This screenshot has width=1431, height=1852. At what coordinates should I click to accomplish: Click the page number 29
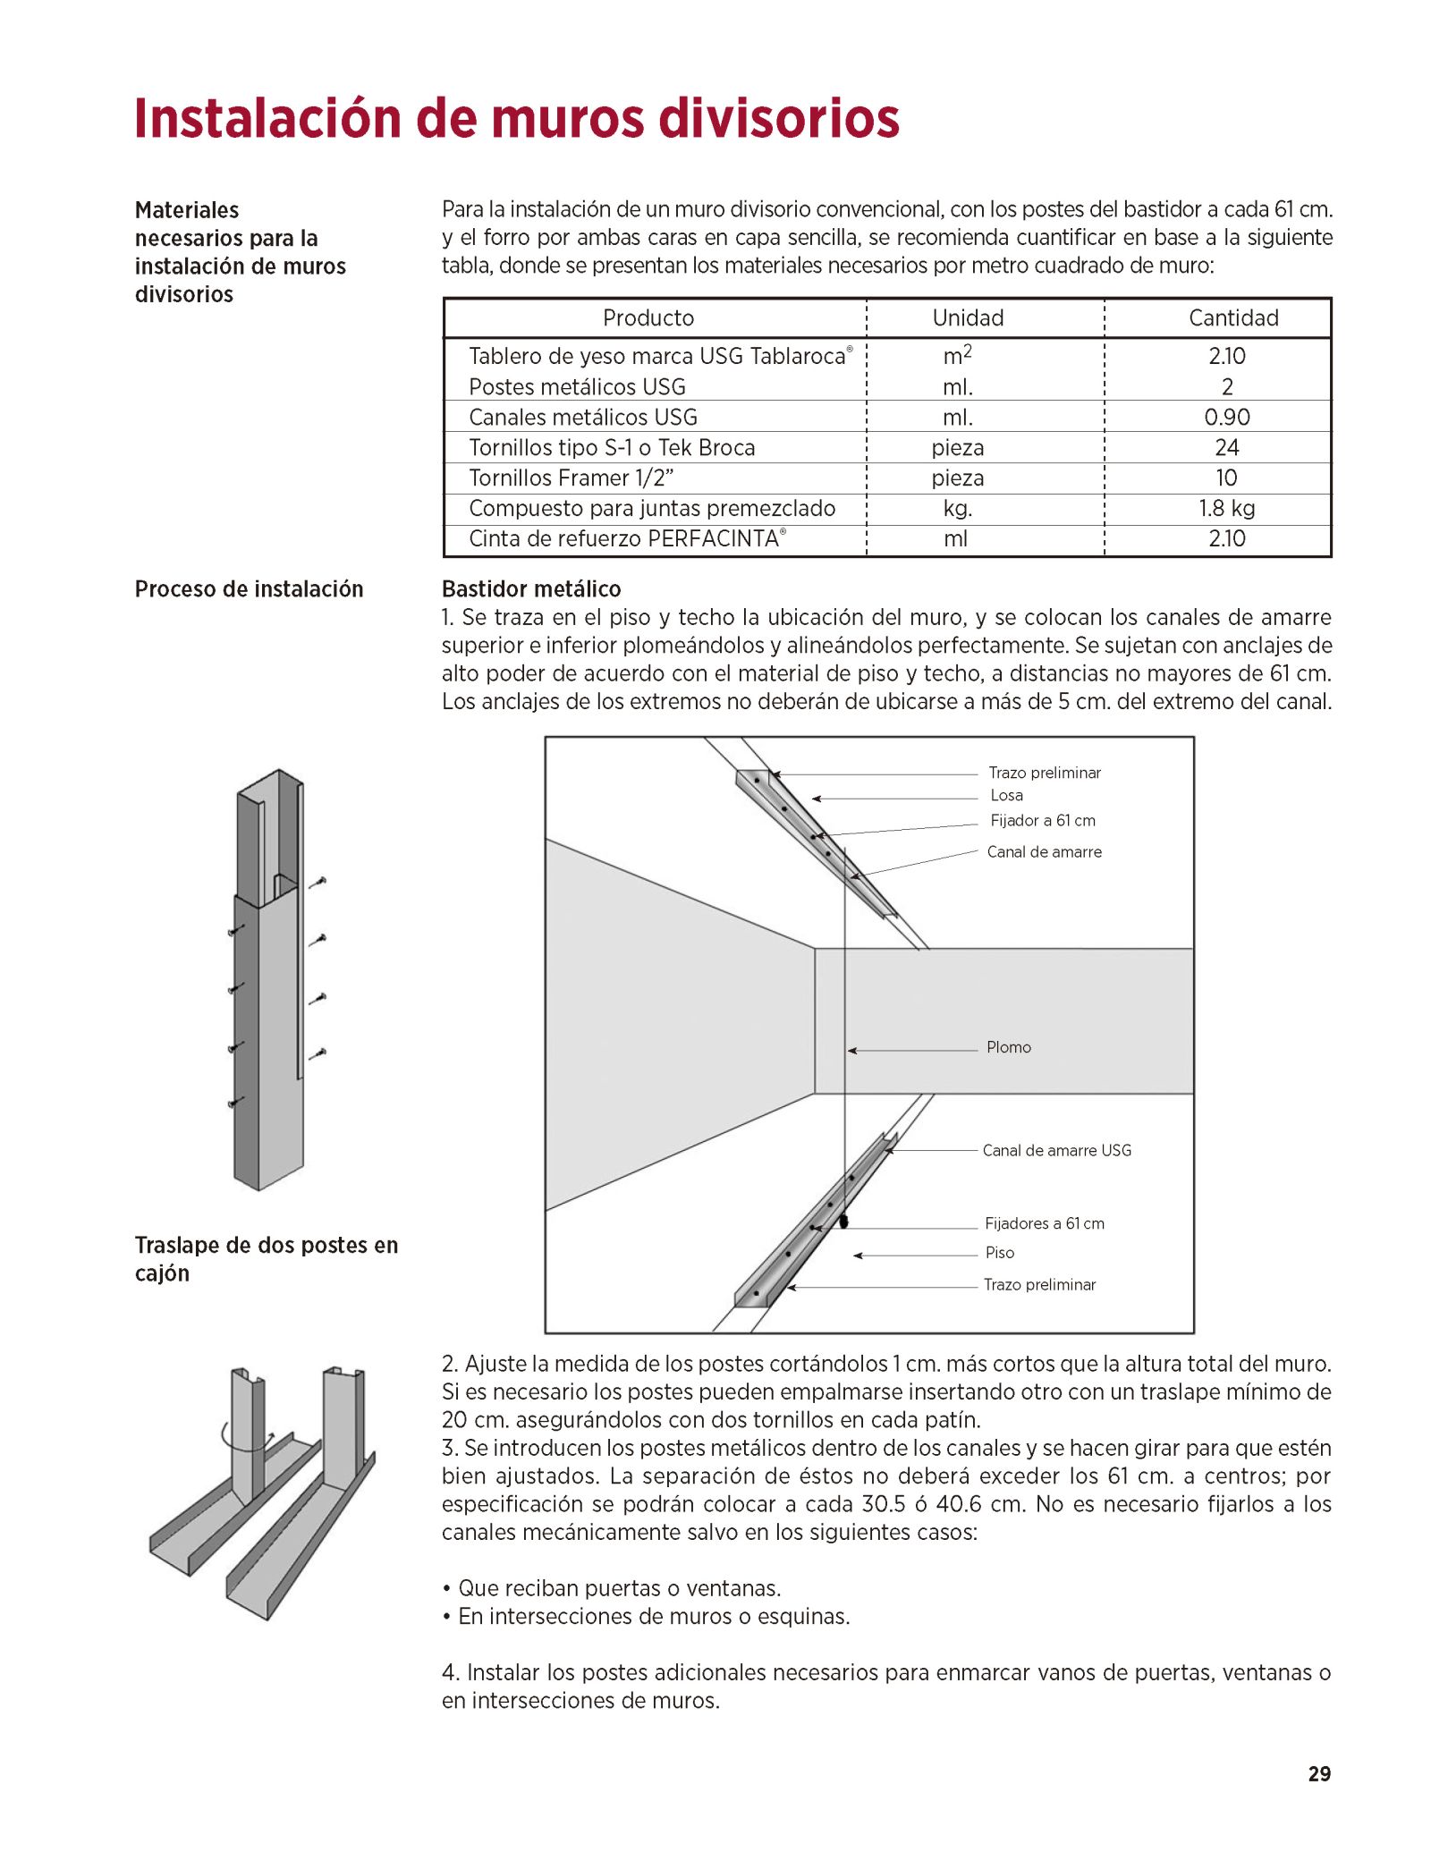1318,1774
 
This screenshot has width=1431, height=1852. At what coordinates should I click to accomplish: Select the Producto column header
648,317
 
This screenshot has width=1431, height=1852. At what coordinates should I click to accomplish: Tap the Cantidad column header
1232,317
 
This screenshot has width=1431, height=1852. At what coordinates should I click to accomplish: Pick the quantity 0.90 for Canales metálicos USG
1226,417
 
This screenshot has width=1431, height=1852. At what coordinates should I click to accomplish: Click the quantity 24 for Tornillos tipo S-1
1226,447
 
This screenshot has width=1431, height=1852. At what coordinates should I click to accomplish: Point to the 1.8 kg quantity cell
1226,508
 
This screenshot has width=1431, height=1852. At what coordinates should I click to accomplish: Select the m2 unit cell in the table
956,355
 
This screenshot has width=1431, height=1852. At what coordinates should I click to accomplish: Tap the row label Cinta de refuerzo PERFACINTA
626,538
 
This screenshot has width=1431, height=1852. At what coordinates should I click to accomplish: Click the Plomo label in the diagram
1008,1047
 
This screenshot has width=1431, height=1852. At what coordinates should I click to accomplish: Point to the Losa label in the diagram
1006,795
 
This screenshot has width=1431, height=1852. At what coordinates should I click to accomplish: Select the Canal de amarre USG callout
1056,1150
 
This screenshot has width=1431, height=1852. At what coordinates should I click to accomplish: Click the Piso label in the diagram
999,1253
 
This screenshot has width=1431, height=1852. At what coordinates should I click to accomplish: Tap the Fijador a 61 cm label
1042,820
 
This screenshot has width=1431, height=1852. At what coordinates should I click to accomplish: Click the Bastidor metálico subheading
531,588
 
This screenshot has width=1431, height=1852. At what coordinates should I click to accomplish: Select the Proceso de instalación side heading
249,588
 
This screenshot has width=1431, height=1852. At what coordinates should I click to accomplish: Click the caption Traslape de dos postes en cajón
266,1258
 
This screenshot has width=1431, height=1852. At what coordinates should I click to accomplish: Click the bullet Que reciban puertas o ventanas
619,1588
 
